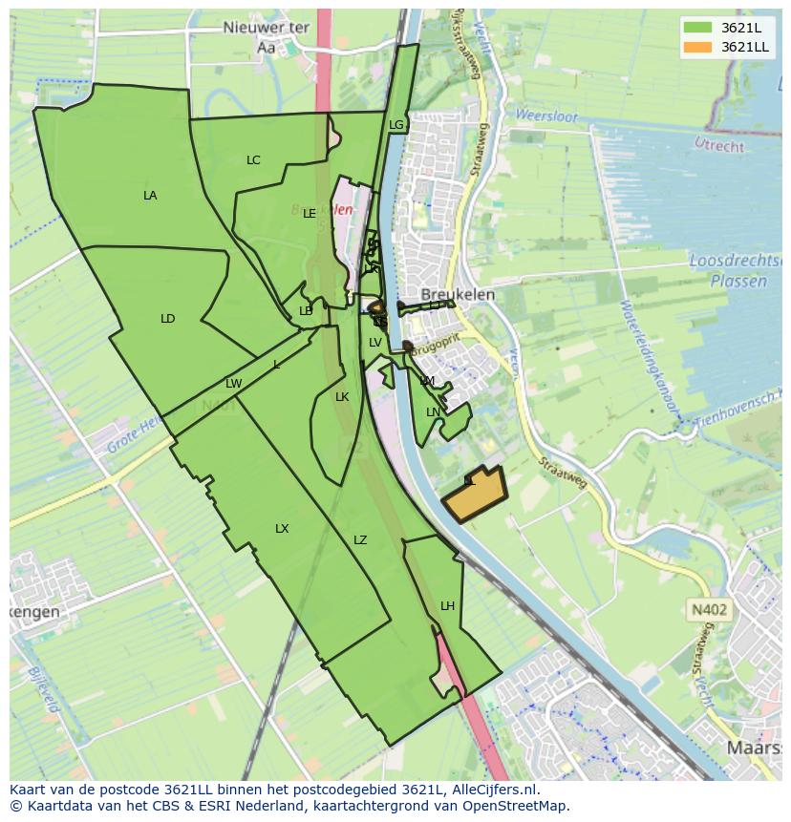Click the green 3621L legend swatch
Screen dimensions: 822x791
click(697, 27)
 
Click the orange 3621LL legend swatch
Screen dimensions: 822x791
click(697, 47)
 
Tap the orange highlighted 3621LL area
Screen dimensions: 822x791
click(476, 495)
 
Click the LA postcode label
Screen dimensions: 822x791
click(150, 196)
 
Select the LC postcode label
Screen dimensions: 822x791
click(253, 160)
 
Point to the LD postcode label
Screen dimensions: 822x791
click(168, 319)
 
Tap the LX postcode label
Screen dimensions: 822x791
click(282, 529)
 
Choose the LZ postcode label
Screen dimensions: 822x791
click(360, 540)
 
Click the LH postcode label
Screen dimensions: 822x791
click(448, 606)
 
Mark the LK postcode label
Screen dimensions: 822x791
click(342, 397)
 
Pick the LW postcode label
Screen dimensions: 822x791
click(234, 384)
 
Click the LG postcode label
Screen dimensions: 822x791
click(396, 125)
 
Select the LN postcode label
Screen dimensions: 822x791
click(433, 412)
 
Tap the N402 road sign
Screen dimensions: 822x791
click(708, 609)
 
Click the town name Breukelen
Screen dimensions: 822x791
click(459, 295)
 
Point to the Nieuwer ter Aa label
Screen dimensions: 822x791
click(267, 36)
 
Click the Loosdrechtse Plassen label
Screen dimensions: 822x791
click(728, 271)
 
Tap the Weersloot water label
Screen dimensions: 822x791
click(546, 116)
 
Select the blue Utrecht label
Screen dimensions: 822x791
click(718, 146)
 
